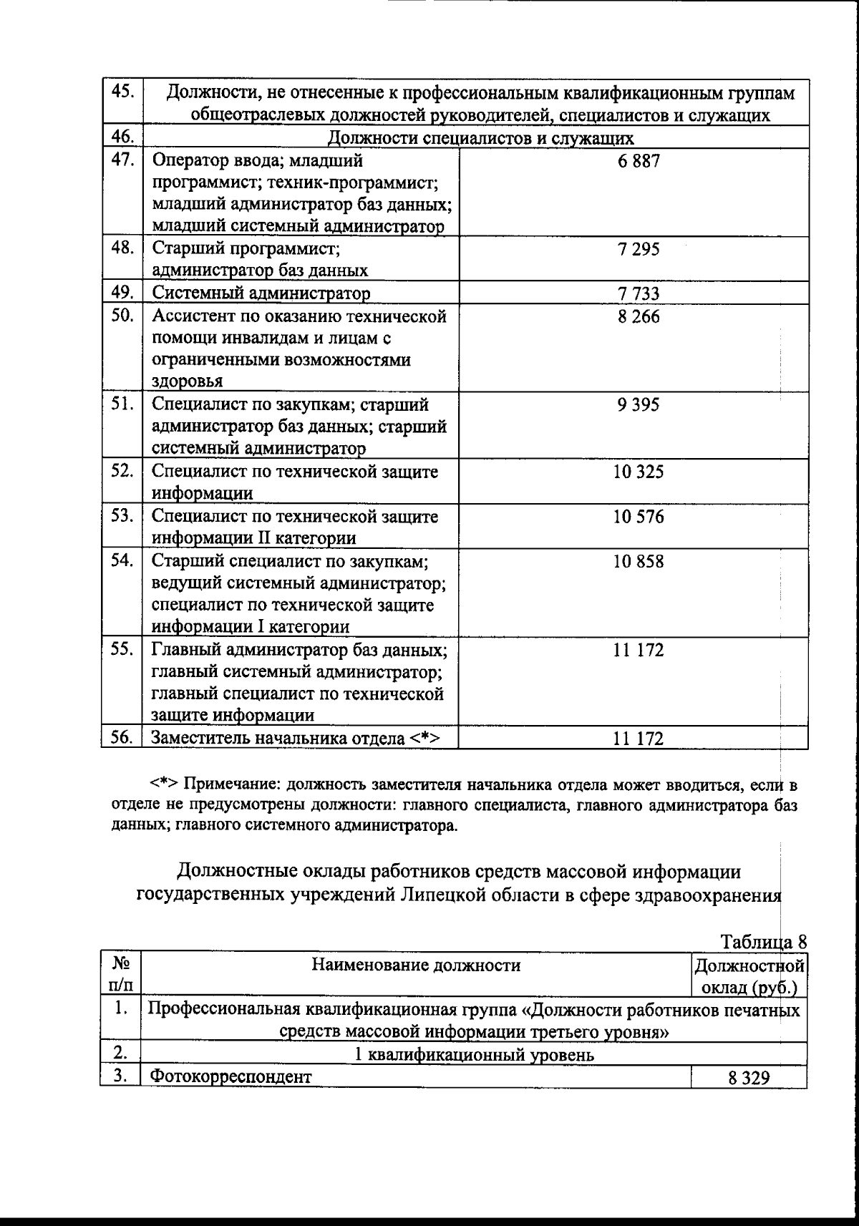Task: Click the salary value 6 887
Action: (639, 161)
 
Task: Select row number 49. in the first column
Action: (122, 292)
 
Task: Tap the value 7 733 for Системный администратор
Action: (639, 293)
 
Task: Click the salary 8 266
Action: (639, 316)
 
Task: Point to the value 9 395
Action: (639, 405)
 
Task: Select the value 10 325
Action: (639, 472)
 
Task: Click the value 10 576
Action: (639, 517)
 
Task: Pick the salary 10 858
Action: (639, 561)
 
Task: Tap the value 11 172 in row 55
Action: (639, 650)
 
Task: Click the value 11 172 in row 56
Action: (639, 739)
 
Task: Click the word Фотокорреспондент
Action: (231, 1076)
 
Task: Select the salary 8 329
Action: (749, 1078)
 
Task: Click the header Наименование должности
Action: (416, 965)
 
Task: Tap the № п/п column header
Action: (120, 975)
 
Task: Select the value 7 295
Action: (639, 250)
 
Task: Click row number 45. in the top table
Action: (122, 92)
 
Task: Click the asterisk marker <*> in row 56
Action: (424, 738)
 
